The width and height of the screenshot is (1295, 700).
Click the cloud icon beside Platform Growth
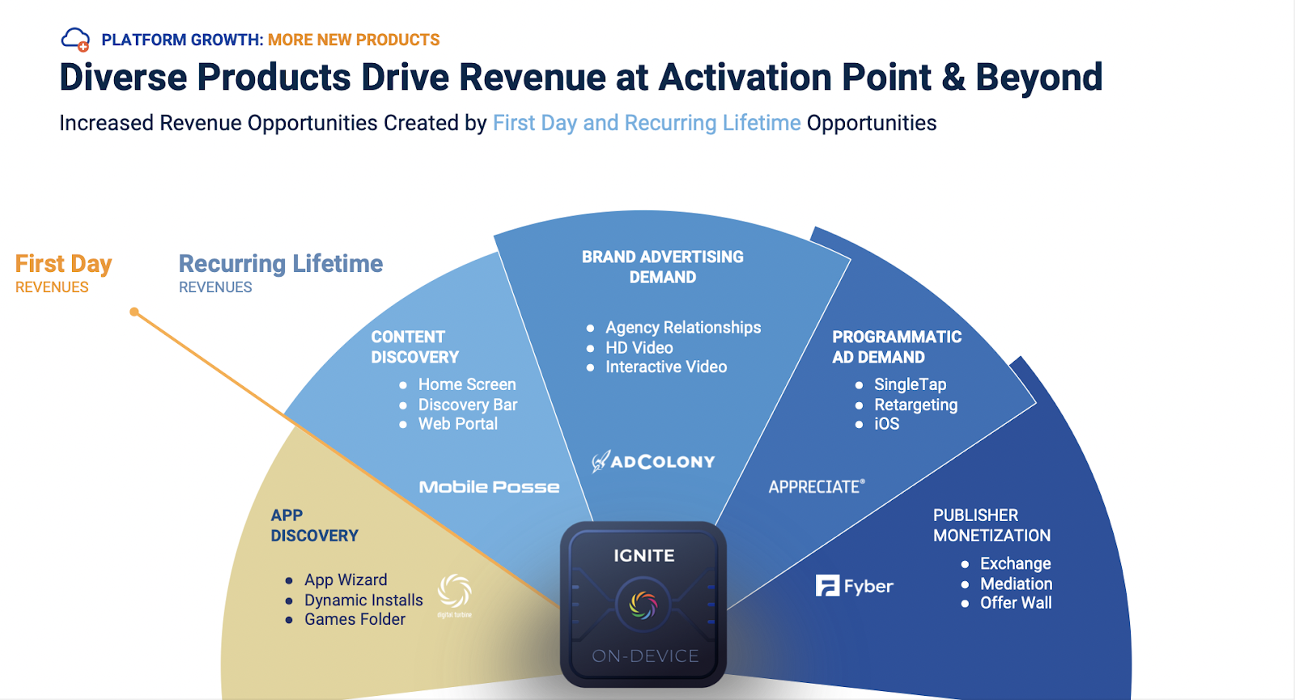click(76, 40)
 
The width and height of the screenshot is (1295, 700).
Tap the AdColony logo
click(653, 461)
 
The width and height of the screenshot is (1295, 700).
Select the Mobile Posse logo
click(489, 486)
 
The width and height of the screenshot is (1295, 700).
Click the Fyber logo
click(854, 586)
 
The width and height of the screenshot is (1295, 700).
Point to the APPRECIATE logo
click(817, 486)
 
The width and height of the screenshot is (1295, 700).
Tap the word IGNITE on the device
click(644, 555)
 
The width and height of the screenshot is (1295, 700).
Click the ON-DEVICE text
click(645, 655)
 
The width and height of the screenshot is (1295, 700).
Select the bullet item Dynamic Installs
click(363, 600)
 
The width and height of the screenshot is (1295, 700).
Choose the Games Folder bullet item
click(355, 619)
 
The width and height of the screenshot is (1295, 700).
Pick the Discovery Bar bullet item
click(468, 405)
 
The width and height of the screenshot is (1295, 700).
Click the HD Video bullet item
click(639, 347)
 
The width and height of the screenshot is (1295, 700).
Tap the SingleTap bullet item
click(910, 384)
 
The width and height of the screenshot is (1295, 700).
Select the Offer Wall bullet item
click(1016, 603)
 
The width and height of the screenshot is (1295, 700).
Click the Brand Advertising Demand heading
click(663, 267)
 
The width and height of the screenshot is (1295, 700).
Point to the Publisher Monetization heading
click(991, 525)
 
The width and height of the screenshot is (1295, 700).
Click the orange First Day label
click(63, 264)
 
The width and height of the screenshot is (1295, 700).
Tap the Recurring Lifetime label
click(280, 264)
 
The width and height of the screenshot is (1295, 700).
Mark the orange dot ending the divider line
click(134, 312)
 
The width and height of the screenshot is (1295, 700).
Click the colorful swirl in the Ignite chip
click(643, 605)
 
